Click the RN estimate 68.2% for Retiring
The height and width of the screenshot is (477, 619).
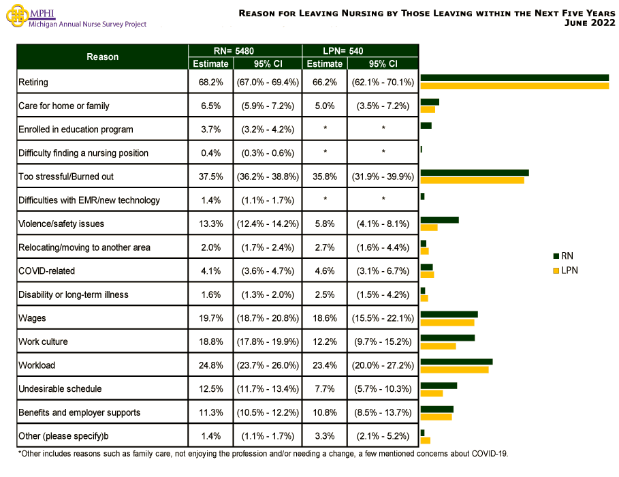click(210, 82)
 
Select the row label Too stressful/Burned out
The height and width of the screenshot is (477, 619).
click(66, 176)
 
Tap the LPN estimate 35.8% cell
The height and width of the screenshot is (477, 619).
click(325, 176)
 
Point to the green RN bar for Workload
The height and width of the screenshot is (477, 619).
click(456, 361)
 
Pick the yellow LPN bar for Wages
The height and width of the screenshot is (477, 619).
click(447, 322)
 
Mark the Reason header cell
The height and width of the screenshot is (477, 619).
click(102, 57)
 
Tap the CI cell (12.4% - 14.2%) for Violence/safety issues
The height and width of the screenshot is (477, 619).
click(268, 224)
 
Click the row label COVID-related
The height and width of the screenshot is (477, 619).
click(47, 271)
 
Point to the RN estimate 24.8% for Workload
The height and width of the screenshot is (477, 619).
click(210, 365)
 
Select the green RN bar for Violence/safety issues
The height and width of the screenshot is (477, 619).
click(439, 219)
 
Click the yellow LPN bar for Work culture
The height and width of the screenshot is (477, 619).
click(438, 346)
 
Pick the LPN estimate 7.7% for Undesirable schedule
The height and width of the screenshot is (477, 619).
click(325, 389)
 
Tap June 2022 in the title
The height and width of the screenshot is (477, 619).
click(590, 22)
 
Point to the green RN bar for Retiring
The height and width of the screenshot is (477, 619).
click(514, 78)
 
